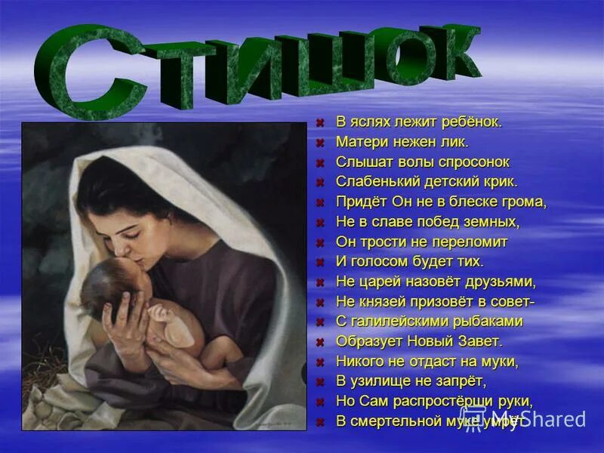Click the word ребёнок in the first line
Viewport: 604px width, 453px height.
tap(471, 122)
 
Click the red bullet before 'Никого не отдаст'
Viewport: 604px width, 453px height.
tap(320, 362)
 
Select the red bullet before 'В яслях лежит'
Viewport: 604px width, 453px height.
tap(320, 122)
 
